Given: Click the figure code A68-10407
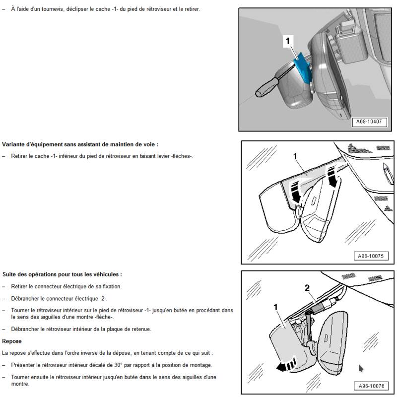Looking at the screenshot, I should pyautogui.click(x=371, y=122).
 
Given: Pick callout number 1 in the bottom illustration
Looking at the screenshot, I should pyautogui.click(x=275, y=307).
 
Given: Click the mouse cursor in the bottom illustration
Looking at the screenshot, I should pyautogui.click(x=361, y=369).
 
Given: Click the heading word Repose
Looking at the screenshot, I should pyautogui.click(x=12, y=341).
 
